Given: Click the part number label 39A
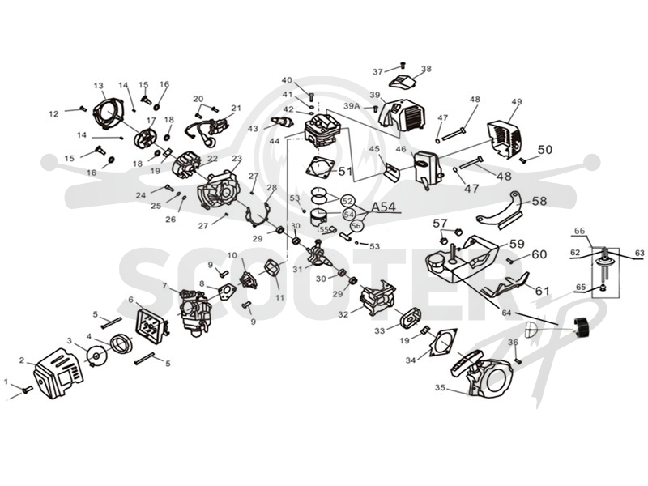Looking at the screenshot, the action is tap(352, 106).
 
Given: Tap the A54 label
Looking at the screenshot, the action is tap(383, 207).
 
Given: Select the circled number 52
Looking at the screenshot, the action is tap(348, 201).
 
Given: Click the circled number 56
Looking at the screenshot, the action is tap(356, 226).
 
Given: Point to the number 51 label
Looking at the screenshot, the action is tap(345, 171).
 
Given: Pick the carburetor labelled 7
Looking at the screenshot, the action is tap(193, 310).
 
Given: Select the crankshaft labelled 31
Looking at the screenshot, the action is tap(321, 253).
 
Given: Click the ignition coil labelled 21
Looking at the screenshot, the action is tap(209, 130).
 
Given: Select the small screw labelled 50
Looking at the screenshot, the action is tap(523, 160).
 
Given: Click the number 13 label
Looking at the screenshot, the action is tap(98, 86).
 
